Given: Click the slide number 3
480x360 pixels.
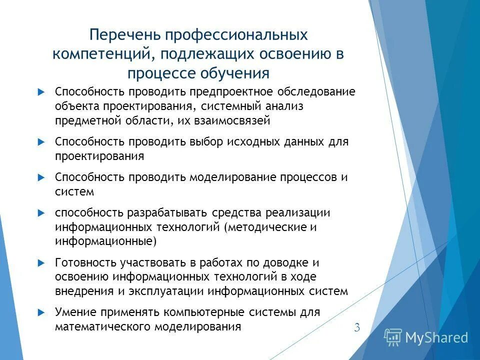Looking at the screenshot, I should (x=357, y=328).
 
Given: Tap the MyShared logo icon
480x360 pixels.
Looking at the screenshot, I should (x=392, y=337).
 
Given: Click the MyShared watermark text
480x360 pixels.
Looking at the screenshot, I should (x=436, y=338).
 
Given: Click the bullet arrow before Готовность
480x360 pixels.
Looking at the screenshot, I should (x=41, y=262).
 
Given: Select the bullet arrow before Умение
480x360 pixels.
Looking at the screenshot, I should (x=41, y=312).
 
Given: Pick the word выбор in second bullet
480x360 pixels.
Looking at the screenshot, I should (x=205, y=142).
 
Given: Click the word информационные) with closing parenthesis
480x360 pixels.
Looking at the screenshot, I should (x=106, y=241).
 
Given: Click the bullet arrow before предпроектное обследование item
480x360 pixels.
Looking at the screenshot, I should (x=41, y=92).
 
